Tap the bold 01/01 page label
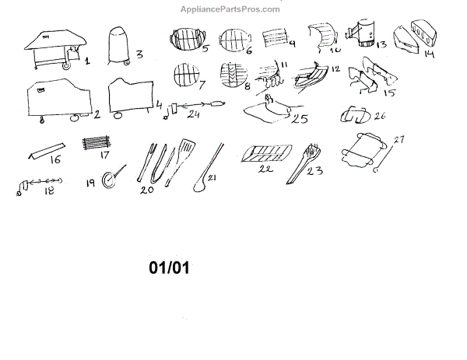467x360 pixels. (169, 268)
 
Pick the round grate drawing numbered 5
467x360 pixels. (186, 42)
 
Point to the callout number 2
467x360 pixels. (97, 114)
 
